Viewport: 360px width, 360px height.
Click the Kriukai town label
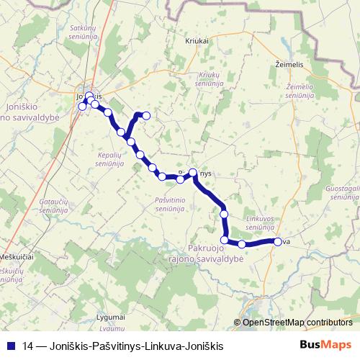click(197, 41)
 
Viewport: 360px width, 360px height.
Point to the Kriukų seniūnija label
click(208, 78)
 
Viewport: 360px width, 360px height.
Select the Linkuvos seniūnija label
click(259, 221)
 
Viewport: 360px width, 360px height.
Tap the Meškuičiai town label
click(17, 257)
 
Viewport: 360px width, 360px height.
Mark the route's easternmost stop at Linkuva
click(277, 242)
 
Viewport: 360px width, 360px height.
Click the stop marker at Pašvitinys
click(193, 172)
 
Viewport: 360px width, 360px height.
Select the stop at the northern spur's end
click(146, 115)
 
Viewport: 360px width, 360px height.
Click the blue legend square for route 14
click(10, 345)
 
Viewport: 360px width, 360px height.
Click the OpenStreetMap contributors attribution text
click(298, 323)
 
